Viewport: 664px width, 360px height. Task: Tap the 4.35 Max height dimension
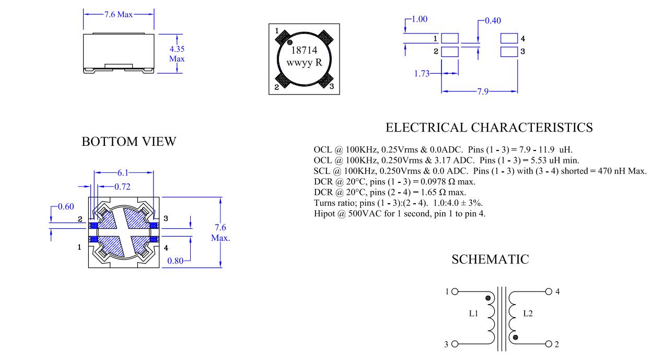[177, 54]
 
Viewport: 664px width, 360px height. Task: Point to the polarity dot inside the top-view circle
[290, 42]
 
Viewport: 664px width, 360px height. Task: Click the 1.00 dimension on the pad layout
[419, 19]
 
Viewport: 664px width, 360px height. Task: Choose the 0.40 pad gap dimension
[493, 21]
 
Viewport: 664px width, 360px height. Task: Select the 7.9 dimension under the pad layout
[482, 92]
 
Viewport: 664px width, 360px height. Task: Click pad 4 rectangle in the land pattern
[509, 38]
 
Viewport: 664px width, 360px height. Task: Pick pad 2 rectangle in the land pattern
[450, 52]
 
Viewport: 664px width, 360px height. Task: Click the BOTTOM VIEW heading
[129, 142]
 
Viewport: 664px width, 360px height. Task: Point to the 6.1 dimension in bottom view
[123, 172]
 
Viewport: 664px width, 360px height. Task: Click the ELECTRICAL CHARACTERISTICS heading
[489, 127]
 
